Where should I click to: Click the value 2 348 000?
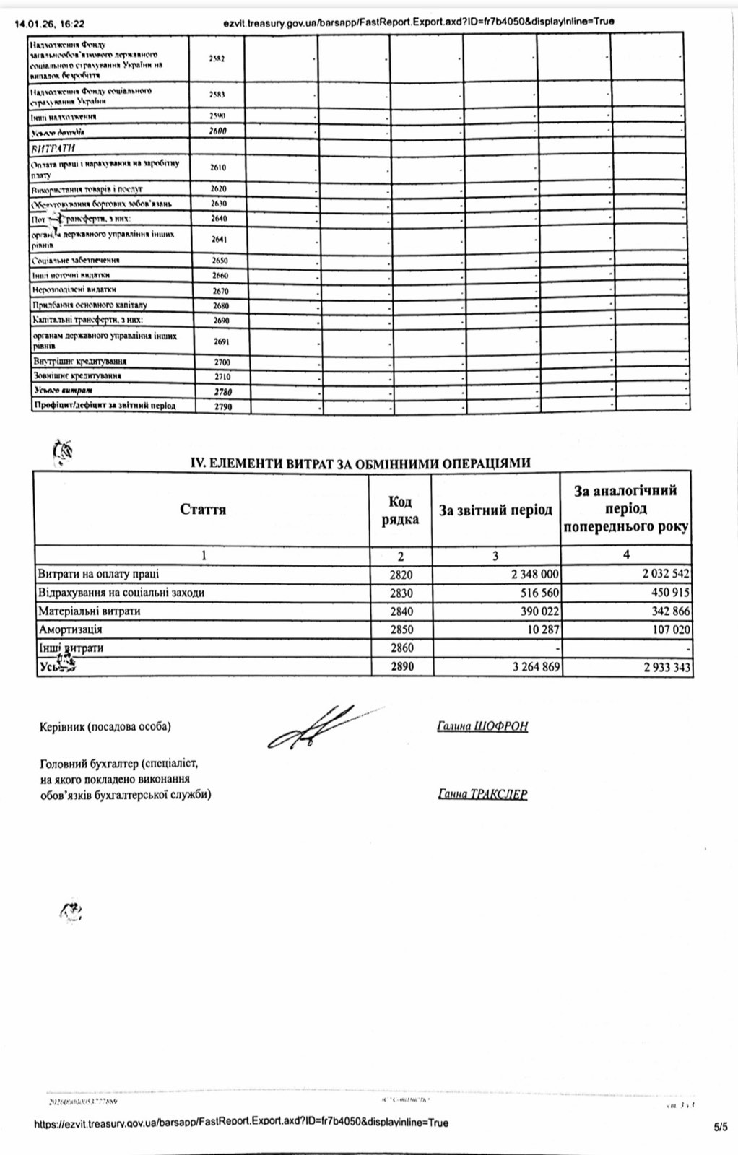pyautogui.click(x=535, y=574)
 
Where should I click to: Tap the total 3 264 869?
pyautogui.click(x=536, y=666)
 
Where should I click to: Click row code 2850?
pyautogui.click(x=401, y=629)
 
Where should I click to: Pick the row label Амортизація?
pyautogui.click(x=70, y=629)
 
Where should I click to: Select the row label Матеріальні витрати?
pyautogui.click(x=89, y=611)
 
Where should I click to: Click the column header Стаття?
pyautogui.click(x=203, y=510)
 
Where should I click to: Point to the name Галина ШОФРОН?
pyautogui.click(x=482, y=726)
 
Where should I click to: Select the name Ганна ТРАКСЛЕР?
pyautogui.click(x=482, y=794)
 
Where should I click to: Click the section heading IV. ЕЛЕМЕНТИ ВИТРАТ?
pyautogui.click(x=360, y=463)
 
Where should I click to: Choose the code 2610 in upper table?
pyautogui.click(x=218, y=167)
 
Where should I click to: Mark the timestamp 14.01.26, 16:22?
pyautogui.click(x=49, y=22)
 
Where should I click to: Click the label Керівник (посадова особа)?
pyautogui.click(x=105, y=726)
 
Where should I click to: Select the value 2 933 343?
pyautogui.click(x=667, y=667)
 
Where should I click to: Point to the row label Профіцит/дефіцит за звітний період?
pyautogui.click(x=105, y=406)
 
